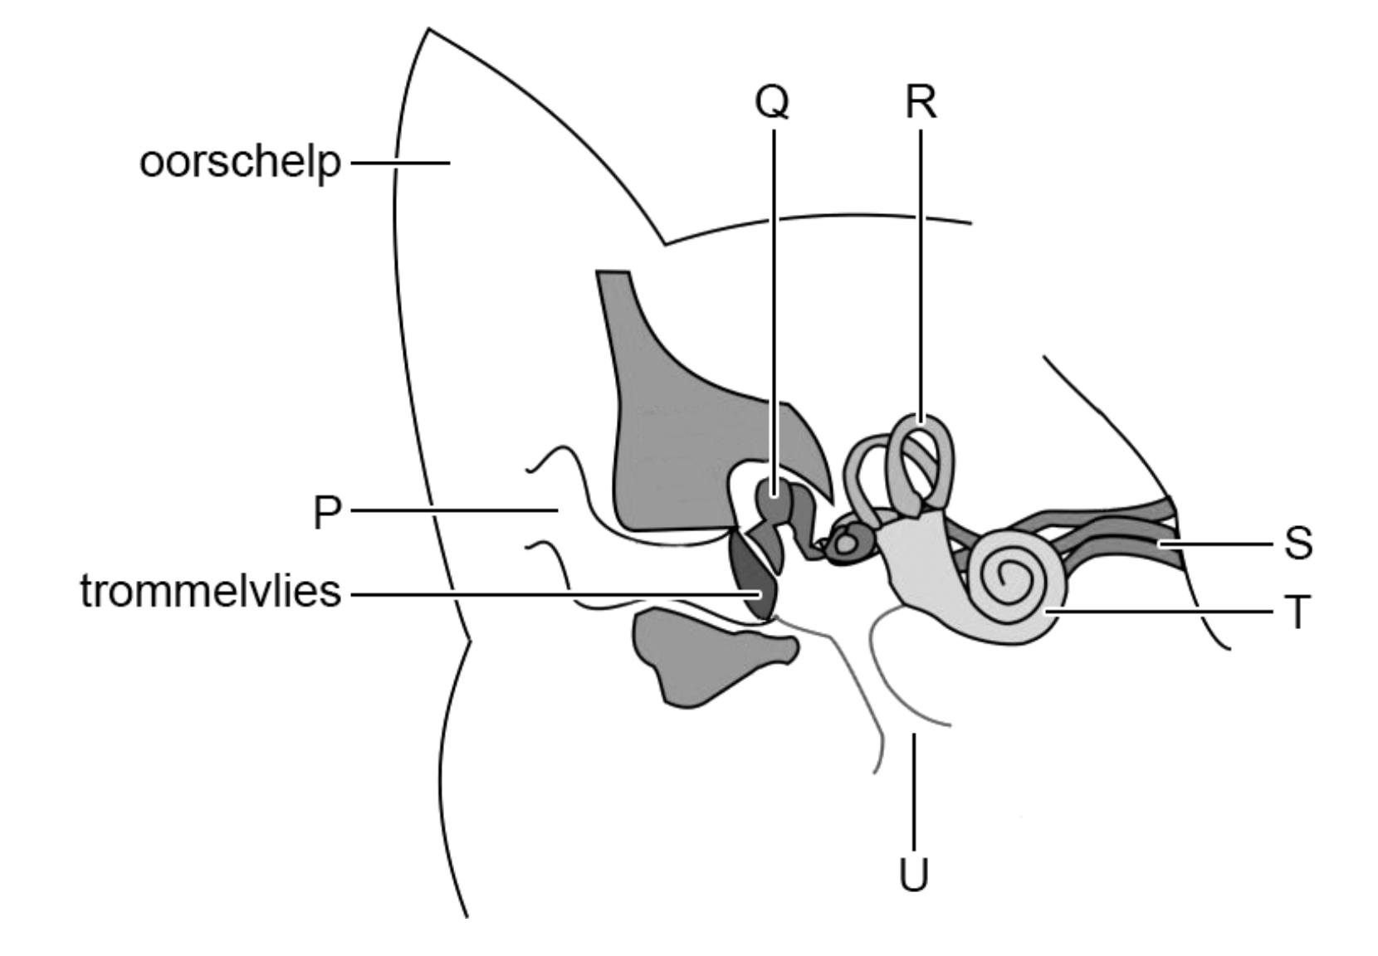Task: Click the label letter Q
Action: pyautogui.click(x=772, y=104)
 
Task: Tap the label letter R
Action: pyautogui.click(x=921, y=104)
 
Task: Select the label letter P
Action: pyautogui.click(x=327, y=513)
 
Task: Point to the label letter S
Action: pyautogui.click(x=1298, y=544)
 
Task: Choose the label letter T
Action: pyautogui.click(x=1297, y=613)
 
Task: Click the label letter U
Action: pyautogui.click(x=913, y=874)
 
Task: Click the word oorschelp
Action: pyautogui.click(x=240, y=162)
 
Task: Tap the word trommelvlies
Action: pyautogui.click(x=211, y=593)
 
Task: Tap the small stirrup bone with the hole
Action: pyautogui.click(x=847, y=544)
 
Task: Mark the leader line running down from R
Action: pyautogui.click(x=921, y=274)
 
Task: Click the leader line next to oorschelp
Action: pyautogui.click(x=399, y=163)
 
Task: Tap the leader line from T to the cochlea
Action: pyautogui.click(x=1162, y=612)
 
